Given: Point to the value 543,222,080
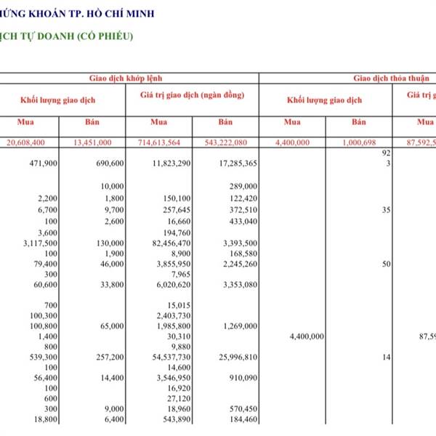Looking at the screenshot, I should click(227, 142).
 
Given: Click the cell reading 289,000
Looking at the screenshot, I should click(241, 186).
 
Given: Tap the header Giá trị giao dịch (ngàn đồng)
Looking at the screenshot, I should click(192, 95).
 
